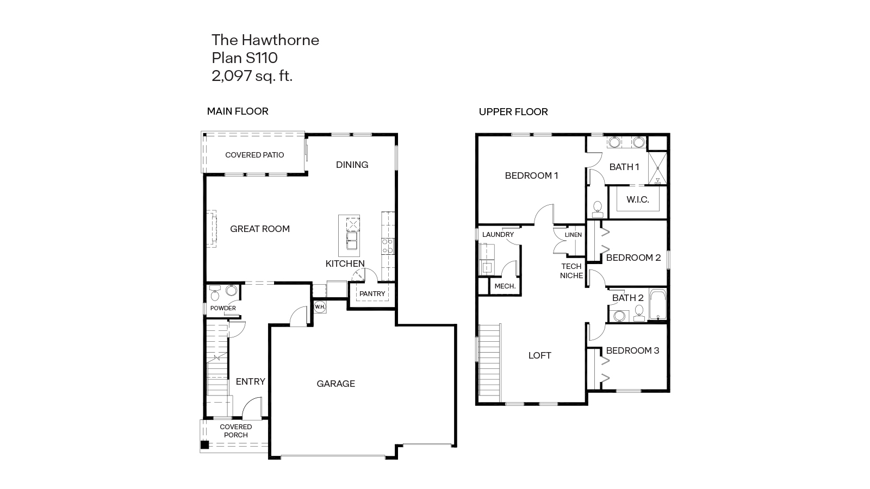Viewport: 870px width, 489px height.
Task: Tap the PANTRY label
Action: [x=372, y=294]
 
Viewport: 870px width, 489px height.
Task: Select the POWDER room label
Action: [x=223, y=308]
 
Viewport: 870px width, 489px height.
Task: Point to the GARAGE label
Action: [x=335, y=384]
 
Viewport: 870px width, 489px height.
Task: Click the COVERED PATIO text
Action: [x=254, y=155]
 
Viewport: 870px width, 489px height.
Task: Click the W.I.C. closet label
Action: [x=637, y=200]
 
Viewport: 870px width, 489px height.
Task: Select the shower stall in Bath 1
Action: [x=657, y=169]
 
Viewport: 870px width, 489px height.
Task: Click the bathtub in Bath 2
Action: [x=657, y=305]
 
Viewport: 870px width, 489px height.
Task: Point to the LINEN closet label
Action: [x=573, y=235]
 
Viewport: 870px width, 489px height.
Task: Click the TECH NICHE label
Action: [x=571, y=271]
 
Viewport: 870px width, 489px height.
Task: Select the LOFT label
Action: [x=539, y=355]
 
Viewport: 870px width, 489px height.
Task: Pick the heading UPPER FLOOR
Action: [x=513, y=112]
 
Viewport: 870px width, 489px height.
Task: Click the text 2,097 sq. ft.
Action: [x=252, y=76]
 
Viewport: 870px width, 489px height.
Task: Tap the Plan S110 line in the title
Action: [x=244, y=58]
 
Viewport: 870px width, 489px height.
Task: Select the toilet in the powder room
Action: [x=215, y=294]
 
